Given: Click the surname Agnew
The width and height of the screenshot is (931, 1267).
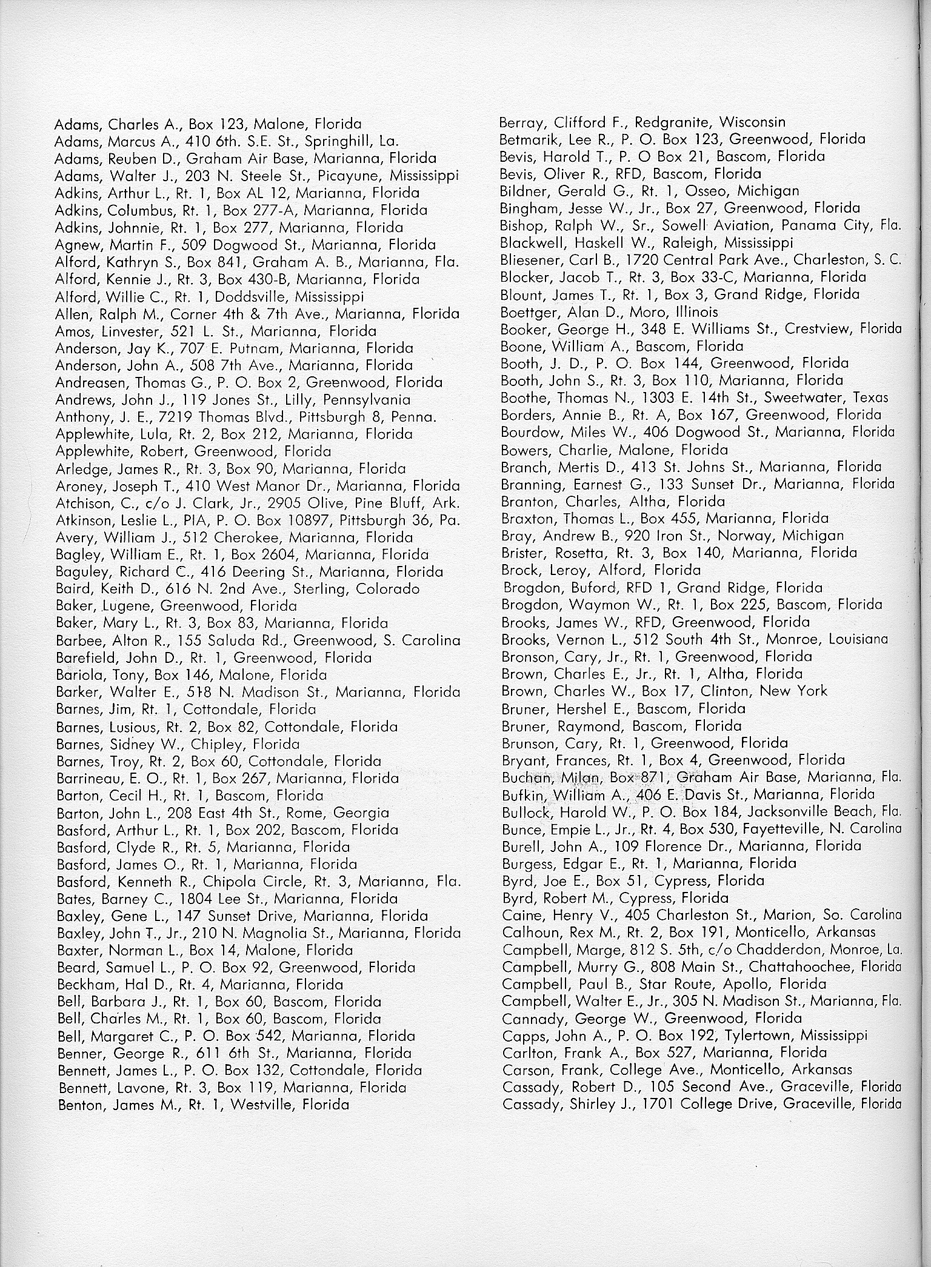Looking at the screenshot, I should (x=76, y=245).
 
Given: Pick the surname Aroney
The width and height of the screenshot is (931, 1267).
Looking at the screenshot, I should (x=78, y=486).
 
